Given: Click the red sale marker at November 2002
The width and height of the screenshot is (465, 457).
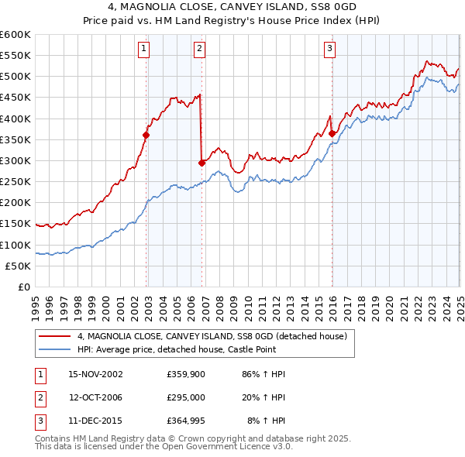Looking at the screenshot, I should point(146,135).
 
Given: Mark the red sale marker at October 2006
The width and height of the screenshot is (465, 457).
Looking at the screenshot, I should point(201,163).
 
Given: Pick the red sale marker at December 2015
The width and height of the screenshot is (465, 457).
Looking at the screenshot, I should point(332,133).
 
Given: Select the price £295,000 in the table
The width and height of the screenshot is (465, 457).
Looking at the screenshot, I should point(186,397).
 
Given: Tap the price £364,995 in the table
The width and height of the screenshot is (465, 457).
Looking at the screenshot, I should point(186,421).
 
